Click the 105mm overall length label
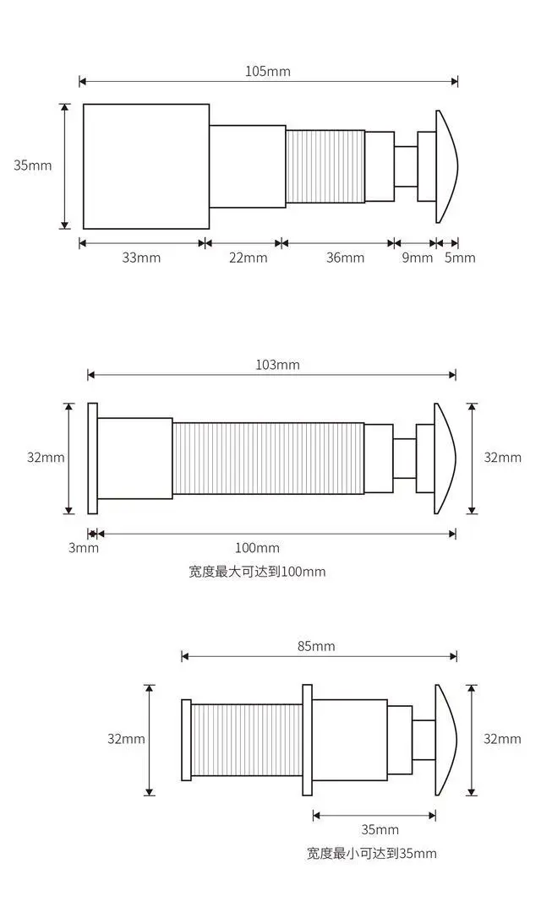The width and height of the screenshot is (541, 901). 268,71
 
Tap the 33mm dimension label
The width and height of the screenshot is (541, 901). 141,258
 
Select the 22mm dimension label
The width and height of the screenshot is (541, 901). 248,258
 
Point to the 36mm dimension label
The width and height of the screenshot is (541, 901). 345,258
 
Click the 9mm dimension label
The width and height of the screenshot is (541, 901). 417,258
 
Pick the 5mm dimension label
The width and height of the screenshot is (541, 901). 460,258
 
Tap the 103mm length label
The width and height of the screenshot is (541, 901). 277,365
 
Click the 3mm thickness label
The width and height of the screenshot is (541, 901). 85,548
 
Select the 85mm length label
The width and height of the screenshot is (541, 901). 316,647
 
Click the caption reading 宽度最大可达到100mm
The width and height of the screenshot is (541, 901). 257,572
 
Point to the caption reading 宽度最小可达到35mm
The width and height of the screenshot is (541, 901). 372,853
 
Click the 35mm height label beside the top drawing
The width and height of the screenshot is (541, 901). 32,166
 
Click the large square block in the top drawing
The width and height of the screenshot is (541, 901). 145,166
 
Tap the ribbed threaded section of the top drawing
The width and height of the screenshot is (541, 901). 325,166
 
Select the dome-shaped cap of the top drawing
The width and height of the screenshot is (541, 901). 446,166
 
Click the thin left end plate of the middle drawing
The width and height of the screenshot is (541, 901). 92,458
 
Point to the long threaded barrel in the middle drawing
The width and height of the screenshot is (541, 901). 268,459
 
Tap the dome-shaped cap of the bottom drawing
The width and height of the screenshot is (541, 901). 445,739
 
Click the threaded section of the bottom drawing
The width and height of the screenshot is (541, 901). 246,740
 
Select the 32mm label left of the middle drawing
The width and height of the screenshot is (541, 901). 46,458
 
